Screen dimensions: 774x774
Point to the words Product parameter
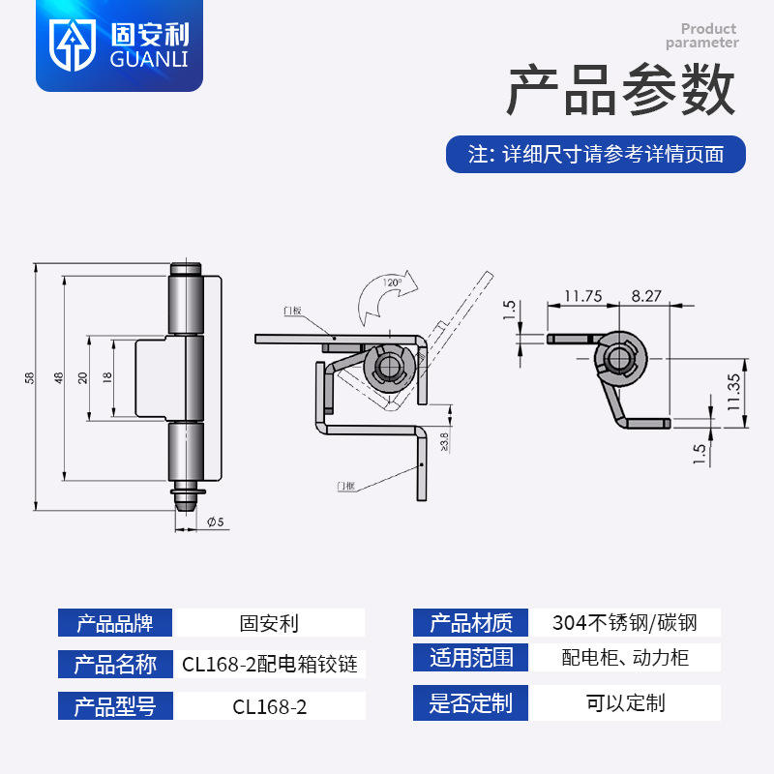click(x=702, y=36)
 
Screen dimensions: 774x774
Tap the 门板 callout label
click(x=292, y=311)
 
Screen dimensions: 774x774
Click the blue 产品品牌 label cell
click(x=115, y=623)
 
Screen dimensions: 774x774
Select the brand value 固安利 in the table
click(x=269, y=623)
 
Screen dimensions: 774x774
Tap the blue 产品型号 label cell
click(x=115, y=705)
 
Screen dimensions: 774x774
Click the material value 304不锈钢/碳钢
click(x=624, y=623)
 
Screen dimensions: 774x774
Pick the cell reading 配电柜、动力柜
click(x=624, y=659)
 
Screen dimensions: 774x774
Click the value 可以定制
click(x=624, y=702)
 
